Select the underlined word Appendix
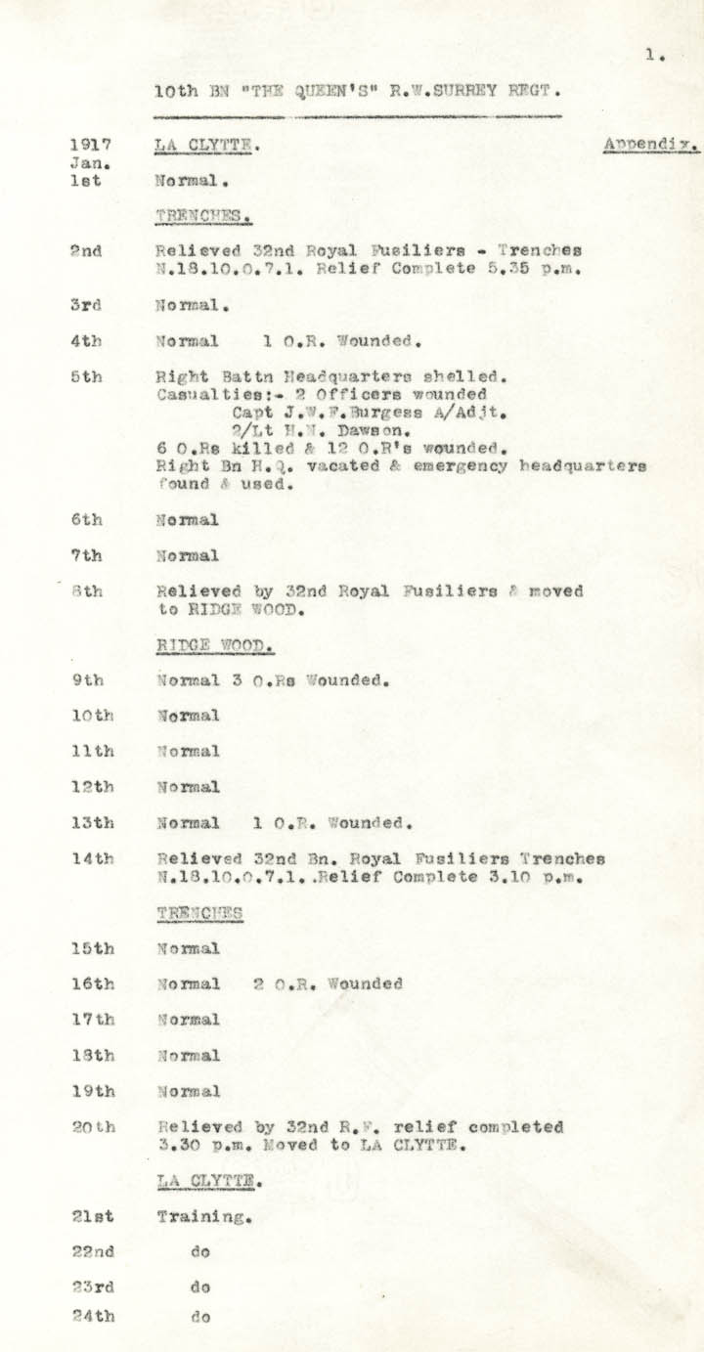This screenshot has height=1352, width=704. coord(649,145)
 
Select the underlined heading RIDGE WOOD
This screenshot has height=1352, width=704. coord(213,644)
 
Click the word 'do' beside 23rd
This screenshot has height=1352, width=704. coord(200,1287)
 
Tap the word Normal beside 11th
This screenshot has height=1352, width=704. coord(188,751)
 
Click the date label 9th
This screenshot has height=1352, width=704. coord(85,679)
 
